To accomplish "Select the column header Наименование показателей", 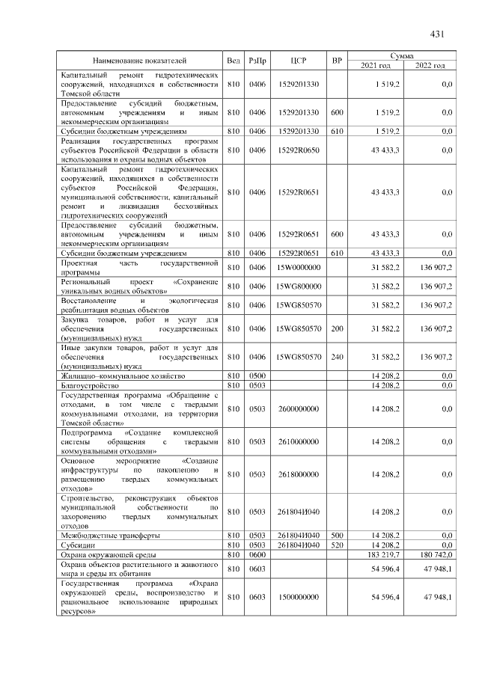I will (140, 60).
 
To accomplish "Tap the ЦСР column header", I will (299, 60).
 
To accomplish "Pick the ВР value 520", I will (337, 545).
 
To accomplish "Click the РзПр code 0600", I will (257, 555).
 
